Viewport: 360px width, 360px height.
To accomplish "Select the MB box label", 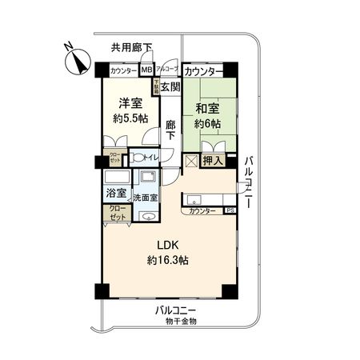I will point(146,70).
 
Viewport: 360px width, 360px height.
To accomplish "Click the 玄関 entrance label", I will point(170,86).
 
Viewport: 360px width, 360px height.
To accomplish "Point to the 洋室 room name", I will point(131,102).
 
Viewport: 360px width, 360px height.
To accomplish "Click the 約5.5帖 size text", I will point(130,118).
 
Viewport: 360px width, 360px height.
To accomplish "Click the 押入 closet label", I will point(213,162).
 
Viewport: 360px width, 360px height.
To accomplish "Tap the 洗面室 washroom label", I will point(146,197).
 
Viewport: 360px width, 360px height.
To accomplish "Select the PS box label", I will point(230,210).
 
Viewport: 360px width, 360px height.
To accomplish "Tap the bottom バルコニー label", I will point(176,310).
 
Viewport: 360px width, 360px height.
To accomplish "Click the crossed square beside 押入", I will point(192,161).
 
